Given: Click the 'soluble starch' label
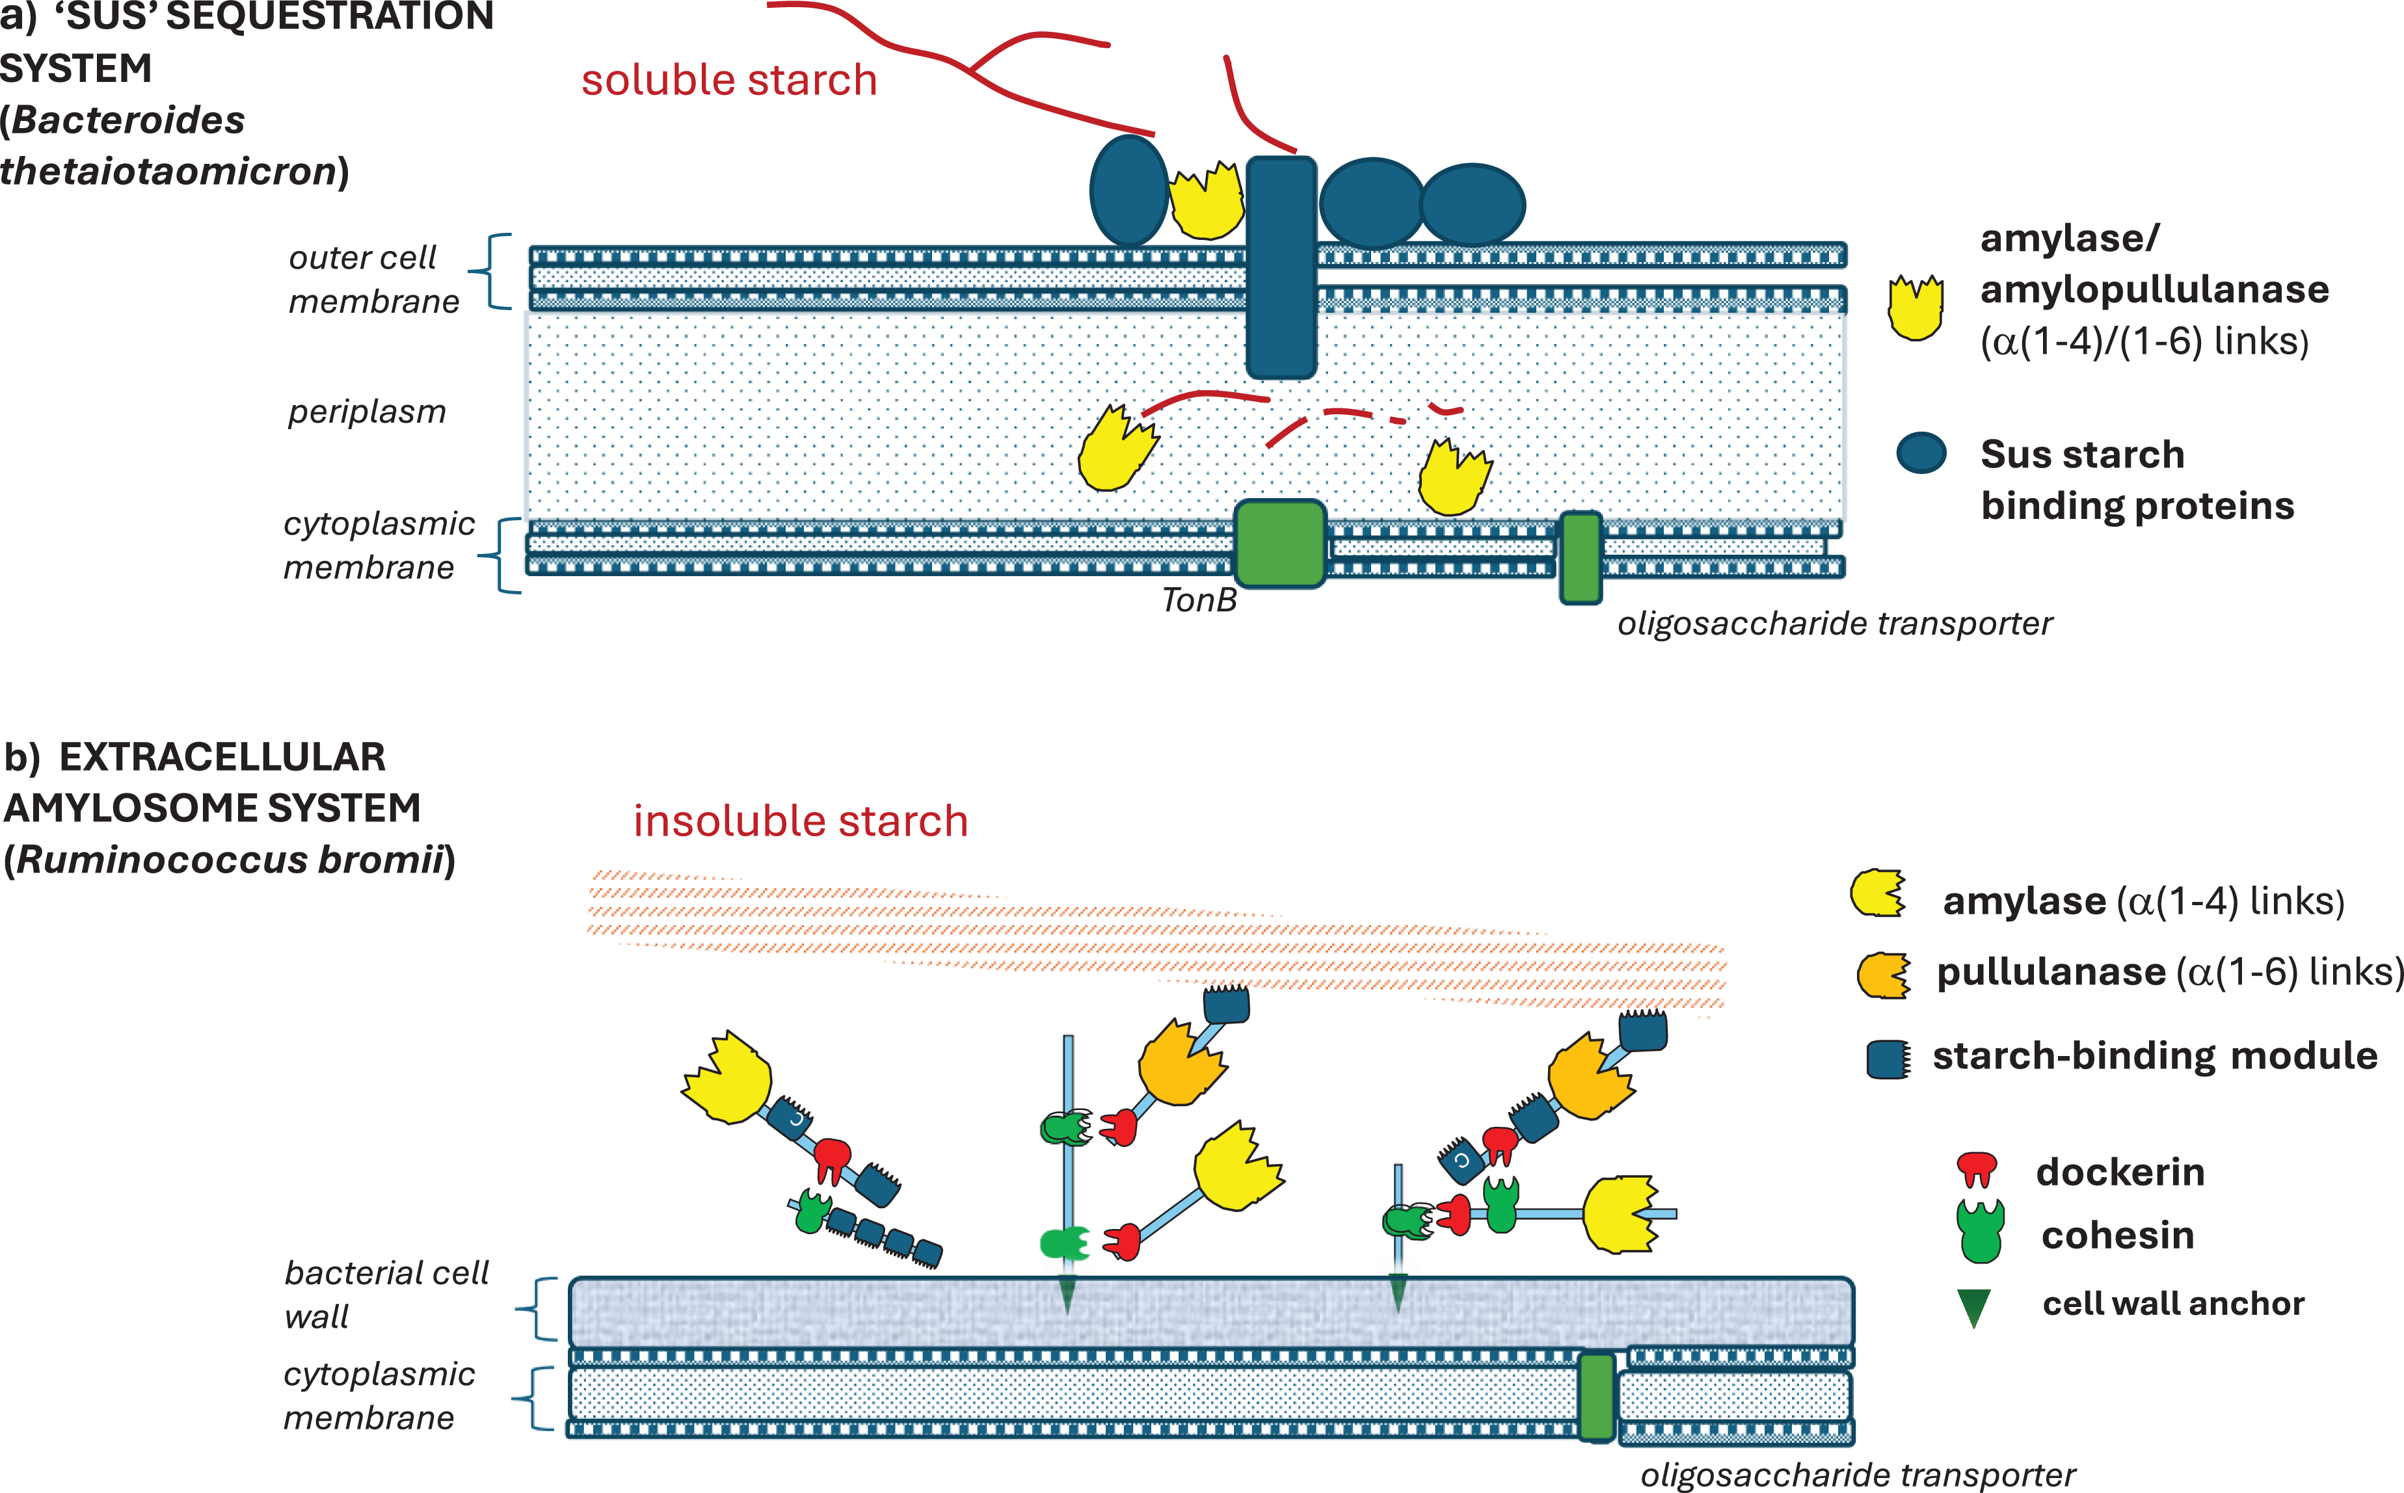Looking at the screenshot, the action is tap(729, 80).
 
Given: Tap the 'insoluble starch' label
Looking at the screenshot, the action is tap(800, 821).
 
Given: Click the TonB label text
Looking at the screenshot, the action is tap(1199, 600).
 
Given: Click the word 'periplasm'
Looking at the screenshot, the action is tap(366, 412).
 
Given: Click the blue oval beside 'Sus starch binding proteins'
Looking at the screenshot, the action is tap(1921, 453).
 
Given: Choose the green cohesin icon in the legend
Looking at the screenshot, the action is tap(1981, 1232).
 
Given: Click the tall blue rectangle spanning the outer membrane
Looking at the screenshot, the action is tap(1281, 268).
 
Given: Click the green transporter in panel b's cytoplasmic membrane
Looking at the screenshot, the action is tap(1596, 1396).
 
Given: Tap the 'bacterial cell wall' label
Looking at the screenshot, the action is tap(386, 1295).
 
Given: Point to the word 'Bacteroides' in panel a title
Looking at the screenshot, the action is tap(128, 120).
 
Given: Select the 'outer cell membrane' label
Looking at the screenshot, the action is tap(373, 280).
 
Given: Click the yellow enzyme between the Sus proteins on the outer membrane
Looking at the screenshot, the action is tap(1206, 202).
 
